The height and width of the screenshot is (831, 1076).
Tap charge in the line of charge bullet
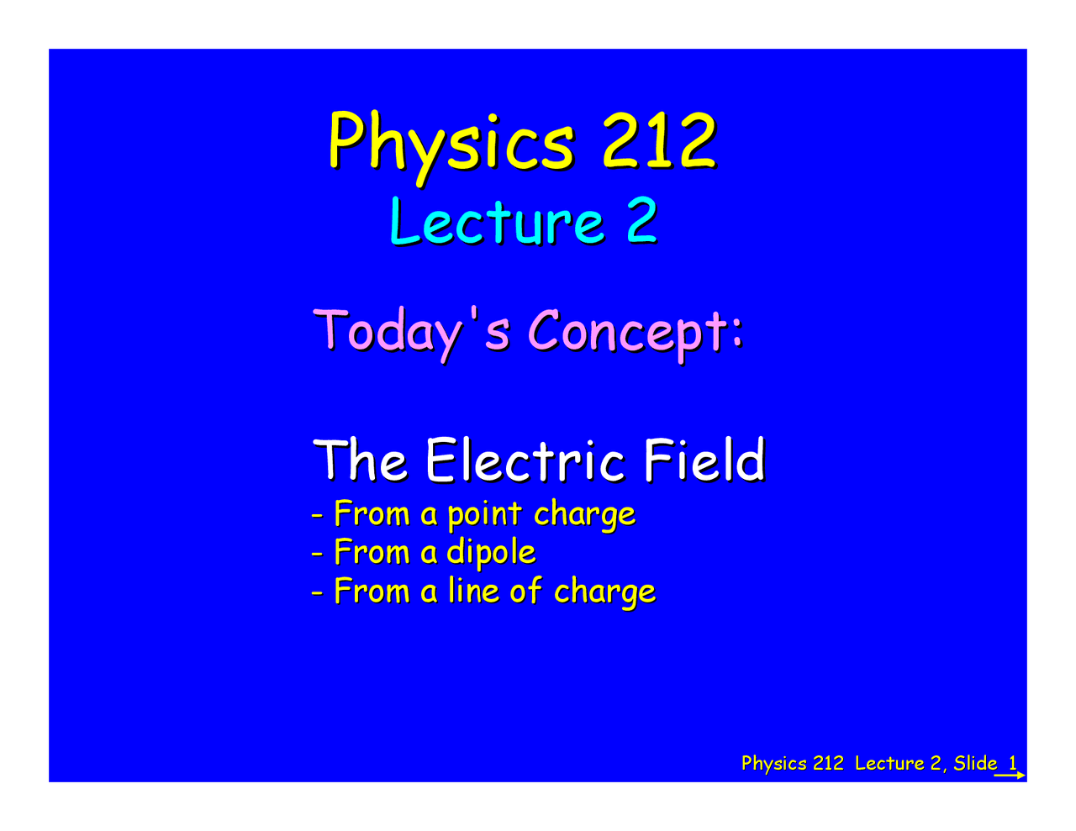click(604, 592)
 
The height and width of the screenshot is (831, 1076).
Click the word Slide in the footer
click(975, 763)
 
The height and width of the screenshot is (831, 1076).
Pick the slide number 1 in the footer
click(1013, 763)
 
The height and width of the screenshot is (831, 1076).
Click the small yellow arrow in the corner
click(1010, 776)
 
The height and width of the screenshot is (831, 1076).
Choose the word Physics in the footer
click(773, 763)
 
